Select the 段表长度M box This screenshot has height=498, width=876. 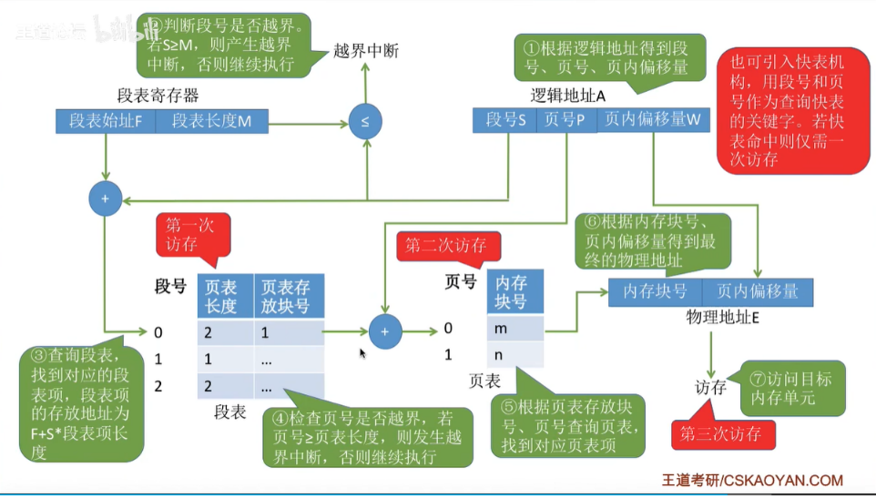point(211,121)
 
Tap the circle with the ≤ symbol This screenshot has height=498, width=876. point(365,121)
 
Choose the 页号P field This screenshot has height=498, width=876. point(565,120)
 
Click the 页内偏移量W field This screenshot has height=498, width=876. point(653,120)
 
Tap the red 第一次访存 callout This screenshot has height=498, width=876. point(192,234)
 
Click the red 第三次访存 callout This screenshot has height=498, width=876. point(724,433)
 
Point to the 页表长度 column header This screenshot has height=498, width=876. point(220,294)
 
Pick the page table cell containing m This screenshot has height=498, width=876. point(515,328)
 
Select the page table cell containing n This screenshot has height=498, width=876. point(515,353)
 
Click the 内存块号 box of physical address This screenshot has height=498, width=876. point(655,292)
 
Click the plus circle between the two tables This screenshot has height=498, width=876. point(385,332)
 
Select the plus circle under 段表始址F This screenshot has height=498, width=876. point(105,198)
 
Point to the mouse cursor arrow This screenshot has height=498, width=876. point(363,353)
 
